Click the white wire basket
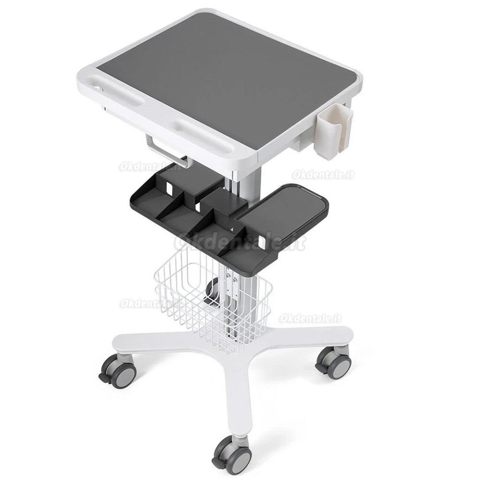(212, 298)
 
